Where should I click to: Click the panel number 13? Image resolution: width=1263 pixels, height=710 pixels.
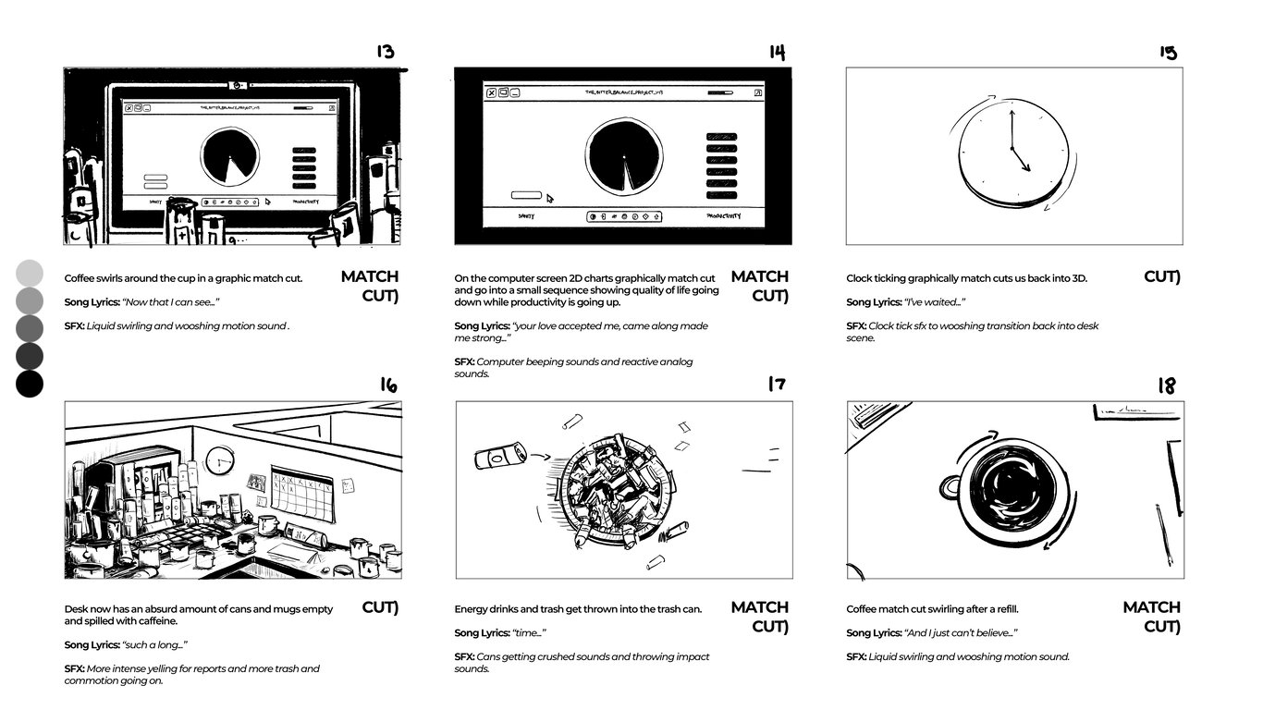pyautogui.click(x=385, y=52)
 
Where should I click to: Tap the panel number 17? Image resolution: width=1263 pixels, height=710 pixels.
pyautogui.click(x=777, y=384)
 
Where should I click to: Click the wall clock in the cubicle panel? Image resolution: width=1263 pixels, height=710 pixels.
pyautogui.click(x=219, y=459)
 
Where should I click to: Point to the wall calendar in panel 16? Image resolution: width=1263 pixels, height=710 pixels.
pyautogui.click(x=301, y=492)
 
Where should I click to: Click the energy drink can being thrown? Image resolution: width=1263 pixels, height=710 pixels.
pyautogui.click(x=499, y=456)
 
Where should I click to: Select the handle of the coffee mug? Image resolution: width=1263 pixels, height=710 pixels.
pyautogui.click(x=949, y=486)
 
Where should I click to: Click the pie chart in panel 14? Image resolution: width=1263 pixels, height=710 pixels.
pyautogui.click(x=623, y=155)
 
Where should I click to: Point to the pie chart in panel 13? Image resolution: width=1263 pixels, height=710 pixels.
pyautogui.click(x=229, y=155)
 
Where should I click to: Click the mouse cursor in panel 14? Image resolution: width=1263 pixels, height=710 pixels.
pyautogui.click(x=550, y=197)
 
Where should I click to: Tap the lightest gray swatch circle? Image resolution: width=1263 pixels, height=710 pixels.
pyautogui.click(x=30, y=273)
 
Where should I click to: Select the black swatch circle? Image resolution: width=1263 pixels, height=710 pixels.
pyautogui.click(x=30, y=384)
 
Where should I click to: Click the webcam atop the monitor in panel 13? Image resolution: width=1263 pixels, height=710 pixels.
pyautogui.click(x=238, y=85)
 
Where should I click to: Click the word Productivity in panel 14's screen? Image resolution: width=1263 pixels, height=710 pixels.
pyautogui.click(x=723, y=216)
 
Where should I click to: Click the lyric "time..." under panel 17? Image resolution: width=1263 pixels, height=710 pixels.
pyautogui.click(x=529, y=633)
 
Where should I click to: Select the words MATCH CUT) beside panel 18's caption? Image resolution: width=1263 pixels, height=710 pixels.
pyautogui.click(x=1151, y=617)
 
